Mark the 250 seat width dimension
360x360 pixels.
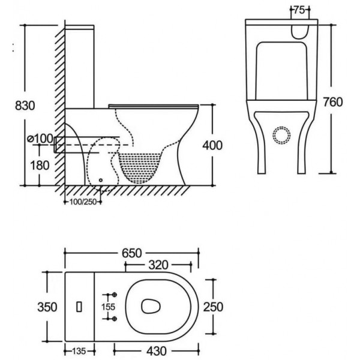click(213, 307)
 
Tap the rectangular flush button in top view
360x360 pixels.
click(79, 307)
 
